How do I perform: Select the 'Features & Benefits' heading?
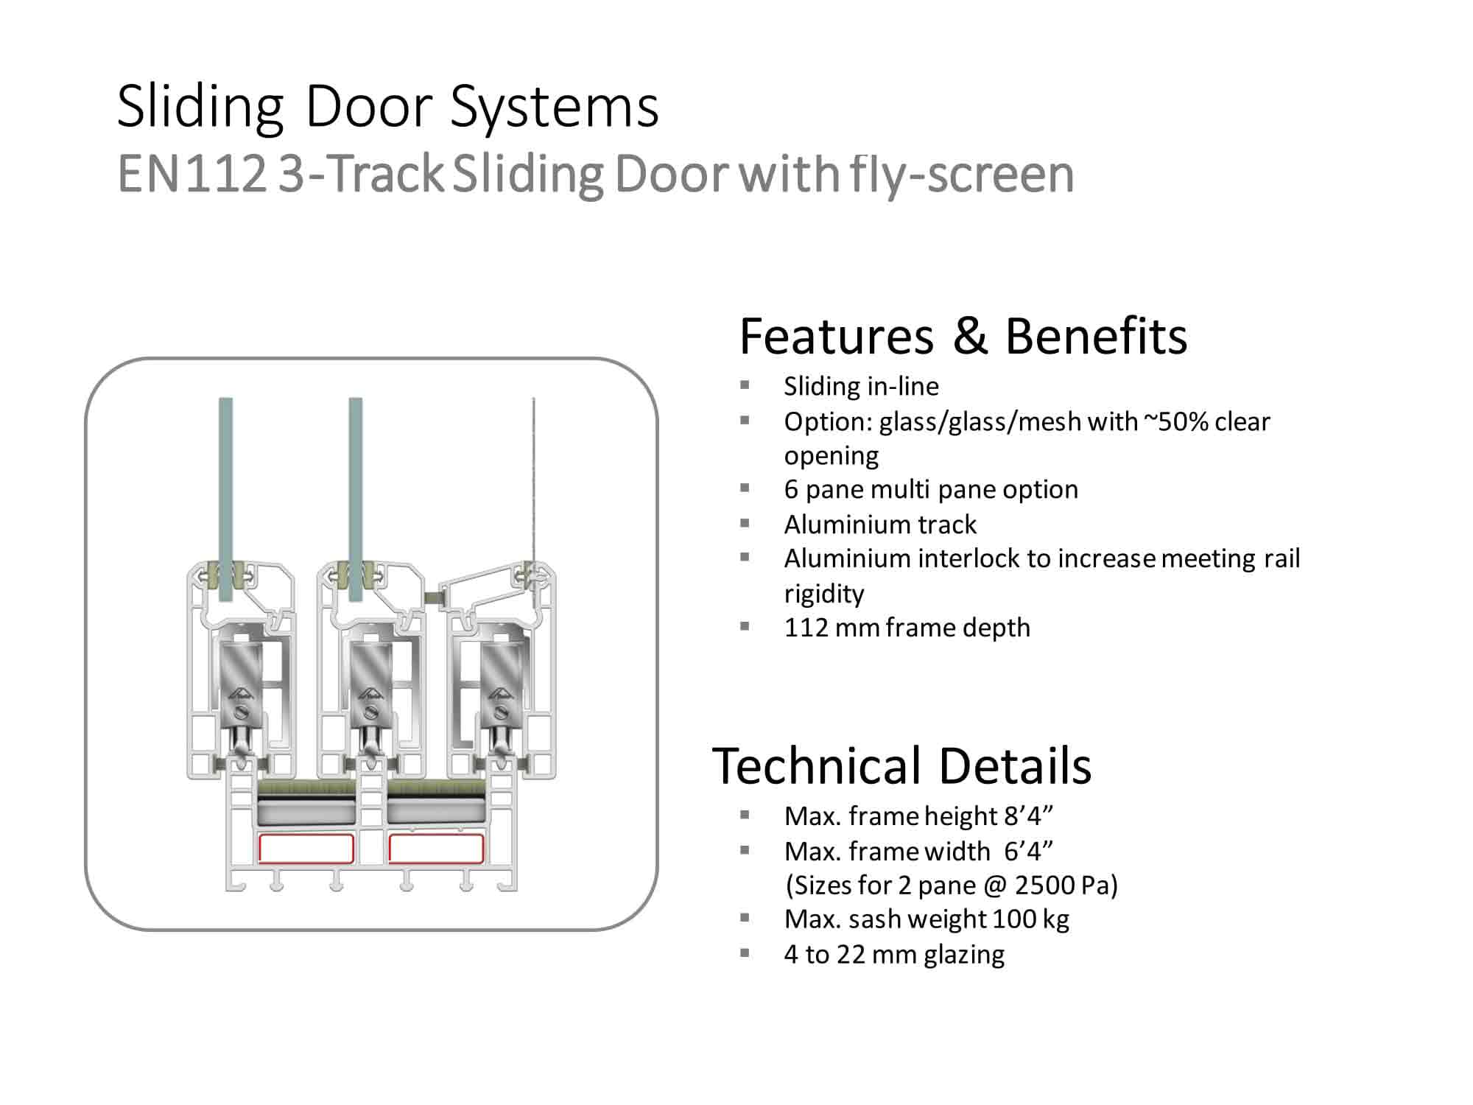[x=963, y=337]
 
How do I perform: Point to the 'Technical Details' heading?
[x=901, y=766]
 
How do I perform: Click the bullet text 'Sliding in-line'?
[x=861, y=386]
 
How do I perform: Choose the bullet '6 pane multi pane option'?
[x=931, y=489]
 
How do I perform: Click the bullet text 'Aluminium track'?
[x=880, y=525]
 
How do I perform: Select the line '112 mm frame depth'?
[x=907, y=628]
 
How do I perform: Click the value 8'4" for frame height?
[x=1028, y=816]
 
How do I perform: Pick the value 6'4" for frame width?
[x=1028, y=852]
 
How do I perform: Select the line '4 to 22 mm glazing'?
[x=894, y=955]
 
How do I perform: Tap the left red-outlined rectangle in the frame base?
[x=306, y=849]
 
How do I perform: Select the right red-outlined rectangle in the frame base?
[x=436, y=849]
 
